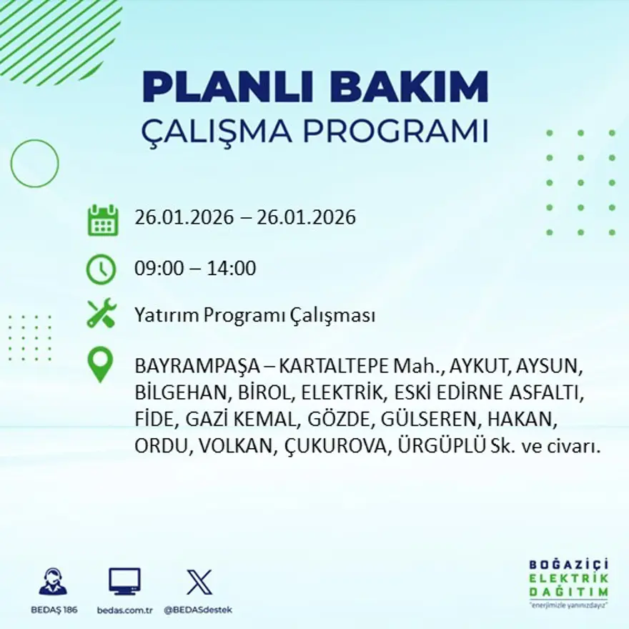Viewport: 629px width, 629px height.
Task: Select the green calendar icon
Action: pyautogui.click(x=103, y=220)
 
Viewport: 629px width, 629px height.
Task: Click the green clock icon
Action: pyautogui.click(x=101, y=269)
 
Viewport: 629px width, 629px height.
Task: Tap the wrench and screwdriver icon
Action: pyautogui.click(x=101, y=314)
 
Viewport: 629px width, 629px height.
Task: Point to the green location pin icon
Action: pyautogui.click(x=100, y=364)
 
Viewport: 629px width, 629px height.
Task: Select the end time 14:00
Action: pyautogui.click(x=232, y=269)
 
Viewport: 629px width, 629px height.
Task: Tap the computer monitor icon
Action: pyautogui.click(x=124, y=581)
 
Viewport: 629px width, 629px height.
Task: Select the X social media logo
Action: pyautogui.click(x=199, y=581)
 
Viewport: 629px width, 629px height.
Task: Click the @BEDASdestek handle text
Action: pyautogui.click(x=198, y=610)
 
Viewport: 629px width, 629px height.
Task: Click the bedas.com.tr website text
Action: pyautogui.click(x=125, y=610)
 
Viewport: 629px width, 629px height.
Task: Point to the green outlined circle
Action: pyautogui.click(x=34, y=164)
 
